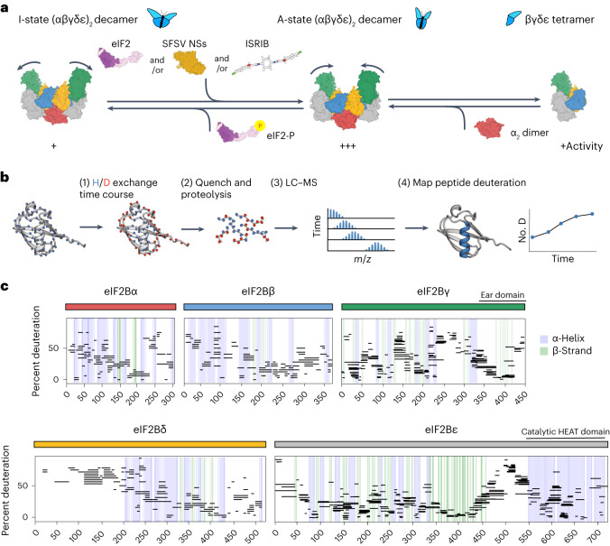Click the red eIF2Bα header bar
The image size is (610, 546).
tap(120, 307)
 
